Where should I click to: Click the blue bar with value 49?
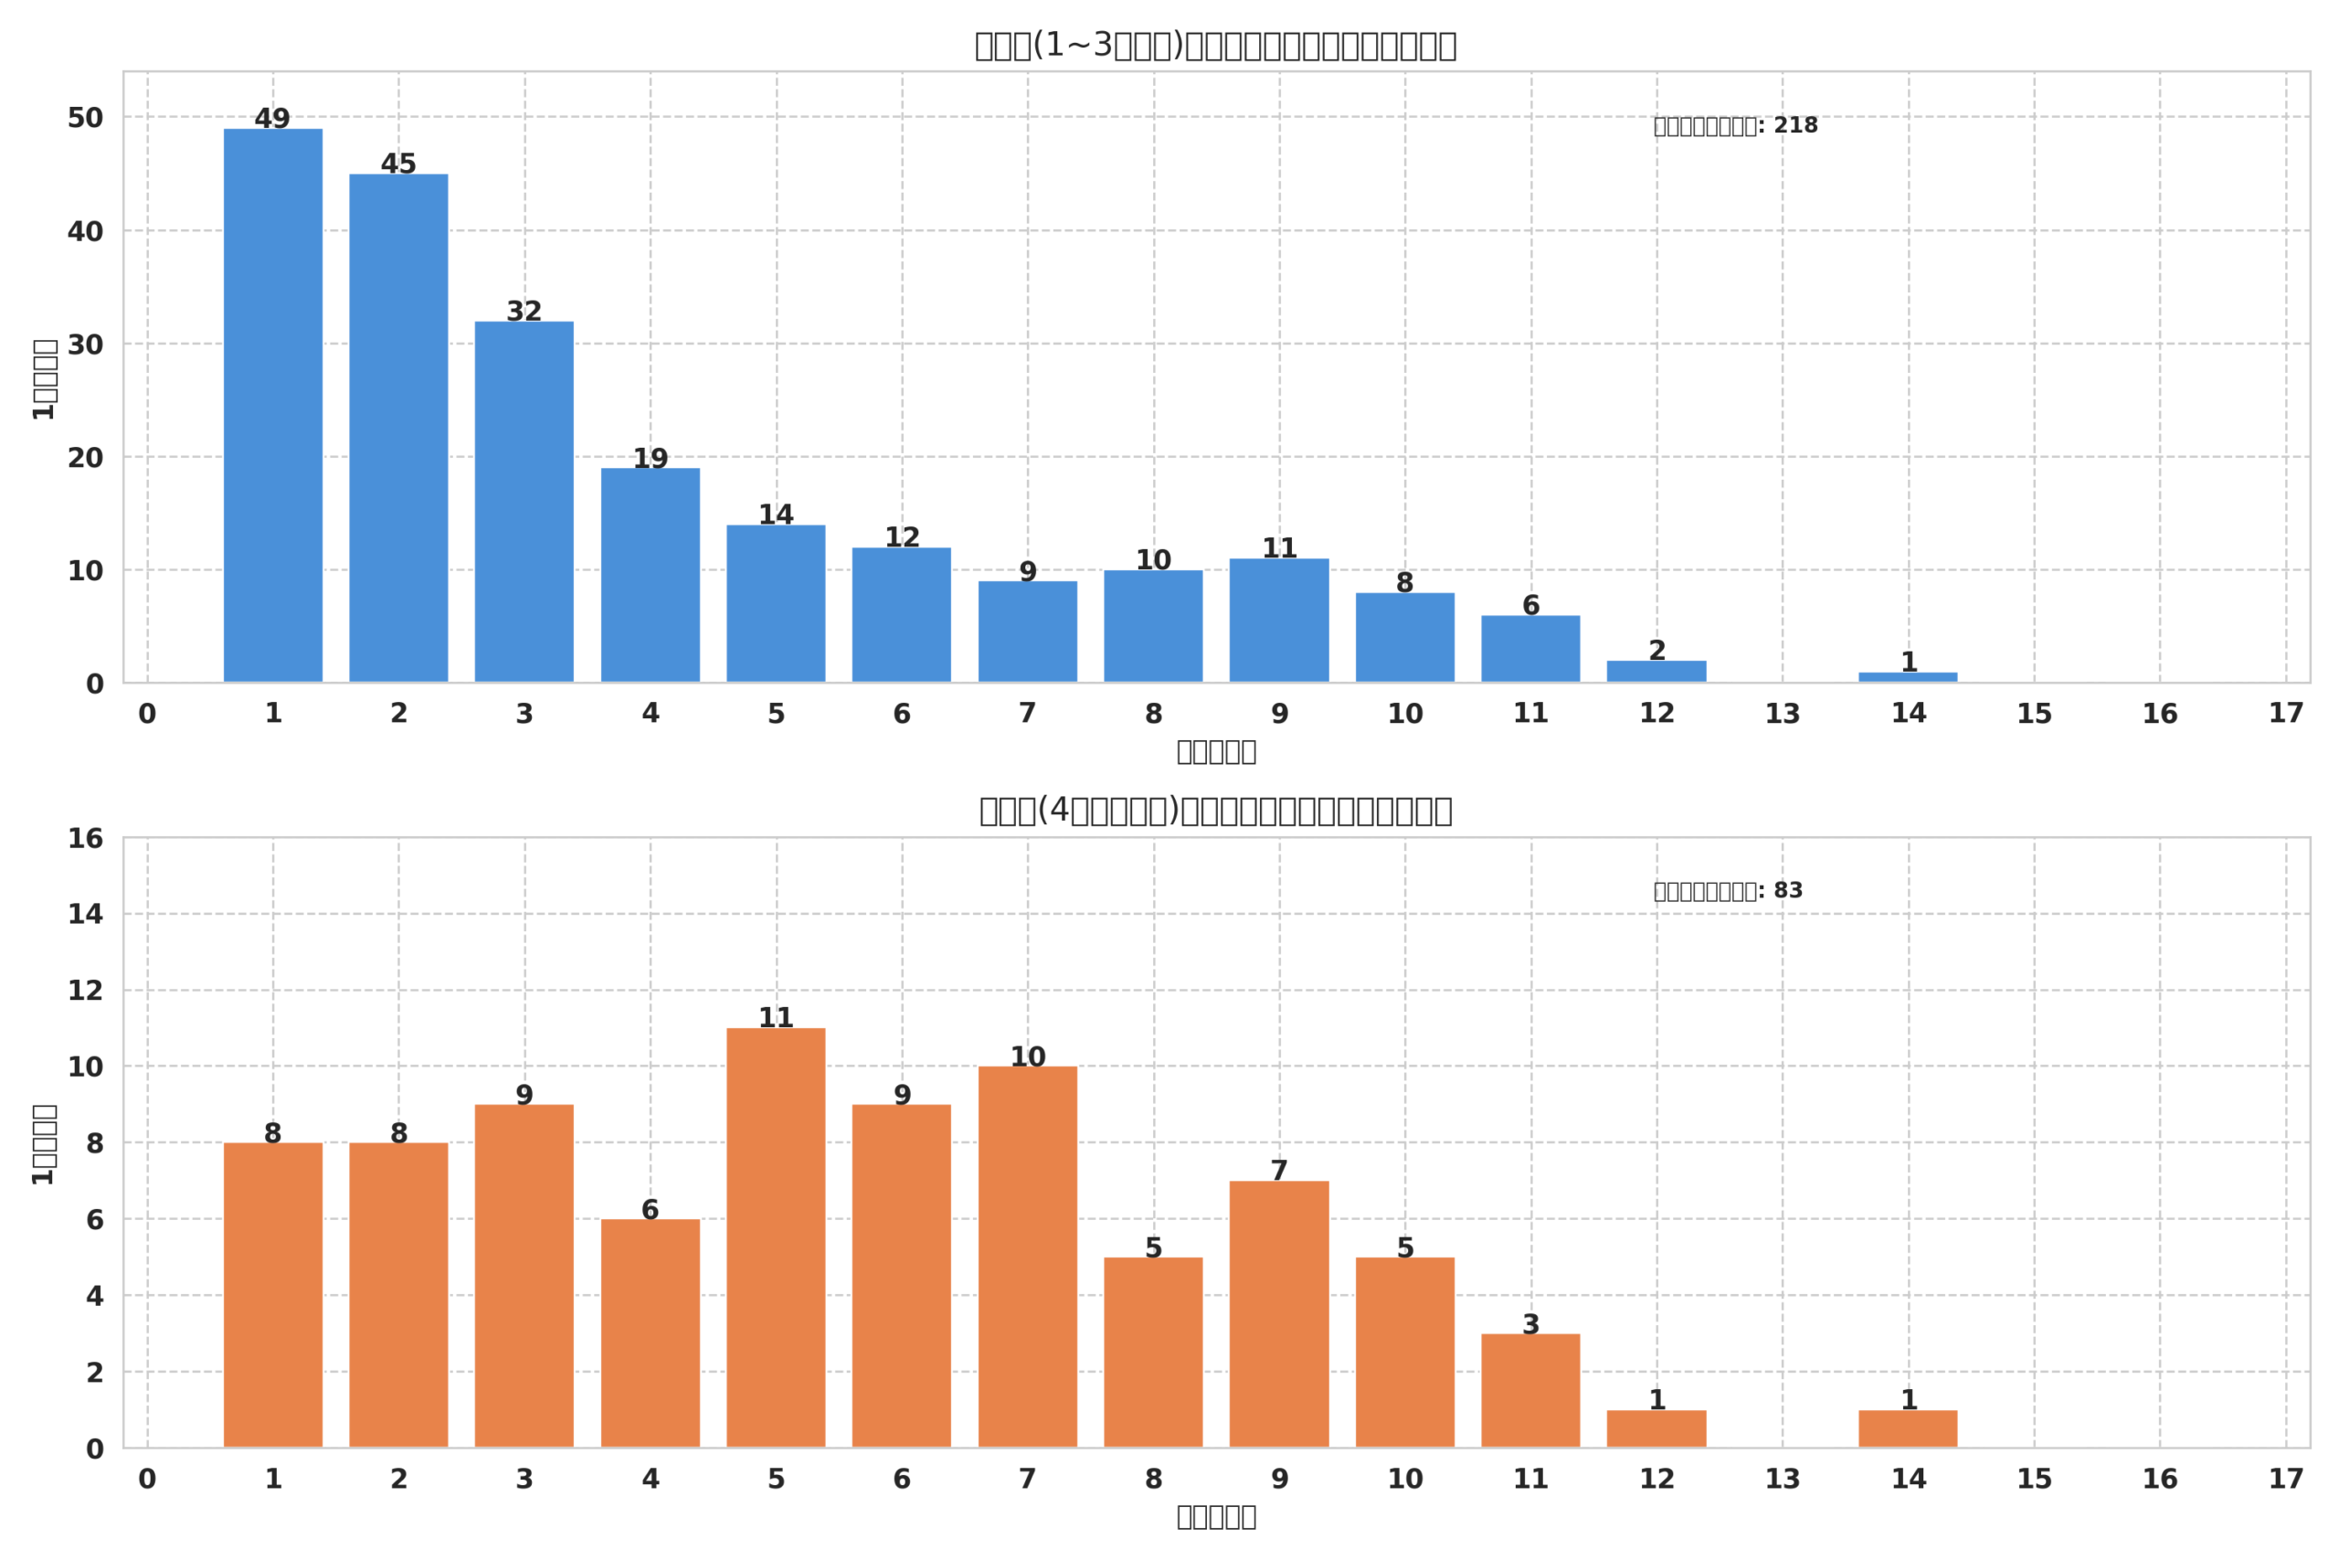[272, 405]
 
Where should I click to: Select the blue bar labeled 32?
[524, 502]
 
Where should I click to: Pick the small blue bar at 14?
[1908, 677]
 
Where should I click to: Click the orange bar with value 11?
[776, 1237]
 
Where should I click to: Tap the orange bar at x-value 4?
[651, 1333]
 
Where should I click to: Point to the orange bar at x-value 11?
[1530, 1391]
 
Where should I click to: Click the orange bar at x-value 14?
[1908, 1428]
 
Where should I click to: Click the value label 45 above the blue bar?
[397, 164]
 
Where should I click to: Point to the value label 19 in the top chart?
[651, 459]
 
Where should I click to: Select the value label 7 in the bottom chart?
[1279, 1171]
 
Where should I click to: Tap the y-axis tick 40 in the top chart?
[86, 232]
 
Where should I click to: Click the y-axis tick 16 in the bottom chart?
[86, 839]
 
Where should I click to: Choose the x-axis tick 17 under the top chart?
[2285, 714]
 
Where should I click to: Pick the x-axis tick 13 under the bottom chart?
[1782, 1480]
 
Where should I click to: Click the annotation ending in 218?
[1735, 126]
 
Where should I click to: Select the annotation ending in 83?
[1728, 891]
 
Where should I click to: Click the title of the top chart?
[1215, 46]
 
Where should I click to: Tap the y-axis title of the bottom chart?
[44, 1144]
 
